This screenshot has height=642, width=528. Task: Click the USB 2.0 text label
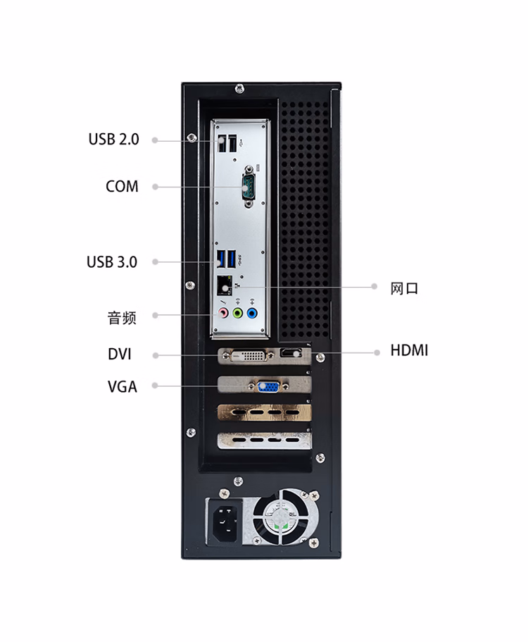pyautogui.click(x=113, y=140)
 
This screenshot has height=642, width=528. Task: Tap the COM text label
pyautogui.click(x=122, y=187)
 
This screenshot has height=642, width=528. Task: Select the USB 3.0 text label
pyautogui.click(x=112, y=262)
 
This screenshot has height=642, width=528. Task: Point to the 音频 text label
pyautogui.click(x=121, y=318)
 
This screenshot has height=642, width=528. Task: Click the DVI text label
pyautogui.click(x=120, y=354)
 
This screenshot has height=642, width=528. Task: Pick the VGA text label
pyautogui.click(x=122, y=386)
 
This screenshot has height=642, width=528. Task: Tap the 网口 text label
pyautogui.click(x=405, y=288)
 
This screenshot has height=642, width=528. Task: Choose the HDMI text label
pyautogui.click(x=409, y=351)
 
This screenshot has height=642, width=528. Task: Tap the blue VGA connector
pyautogui.click(x=268, y=386)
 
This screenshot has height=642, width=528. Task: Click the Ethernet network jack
pyautogui.click(x=225, y=286)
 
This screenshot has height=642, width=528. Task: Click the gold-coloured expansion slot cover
pyautogui.click(x=264, y=413)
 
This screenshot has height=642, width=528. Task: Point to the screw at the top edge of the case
pyautogui.click(x=240, y=88)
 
